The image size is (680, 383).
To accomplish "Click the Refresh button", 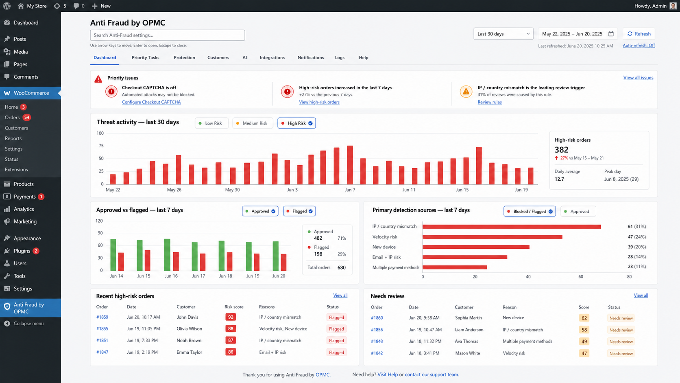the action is click(639, 34).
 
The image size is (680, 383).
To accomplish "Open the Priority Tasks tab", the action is click(146, 57).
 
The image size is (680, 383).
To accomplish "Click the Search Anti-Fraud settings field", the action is click(167, 35).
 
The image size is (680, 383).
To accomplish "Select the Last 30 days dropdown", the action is click(503, 34).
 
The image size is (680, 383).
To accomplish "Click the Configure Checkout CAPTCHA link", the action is click(151, 102).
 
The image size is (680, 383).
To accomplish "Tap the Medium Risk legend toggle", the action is click(253, 123).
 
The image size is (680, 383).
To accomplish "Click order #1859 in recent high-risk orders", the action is click(102, 317).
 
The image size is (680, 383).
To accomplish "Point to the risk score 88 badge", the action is click(231, 328).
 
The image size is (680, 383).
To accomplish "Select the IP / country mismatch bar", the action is click(512, 227).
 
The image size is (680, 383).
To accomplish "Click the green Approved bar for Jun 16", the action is click(167, 254).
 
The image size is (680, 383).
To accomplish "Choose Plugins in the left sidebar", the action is click(22, 251).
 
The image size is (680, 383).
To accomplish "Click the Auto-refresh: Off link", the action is click(639, 46).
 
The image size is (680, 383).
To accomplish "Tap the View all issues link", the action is click(638, 78).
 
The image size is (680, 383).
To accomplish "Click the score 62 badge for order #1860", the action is click(584, 318).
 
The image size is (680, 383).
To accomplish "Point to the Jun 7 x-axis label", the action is click(350, 190).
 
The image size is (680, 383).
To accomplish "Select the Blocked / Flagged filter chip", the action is click(530, 211).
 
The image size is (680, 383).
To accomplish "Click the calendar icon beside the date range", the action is click(611, 34).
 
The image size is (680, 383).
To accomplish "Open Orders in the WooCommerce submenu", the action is click(12, 118).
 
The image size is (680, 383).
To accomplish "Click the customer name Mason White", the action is click(468, 353).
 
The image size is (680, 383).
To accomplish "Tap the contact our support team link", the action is click(432, 374).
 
